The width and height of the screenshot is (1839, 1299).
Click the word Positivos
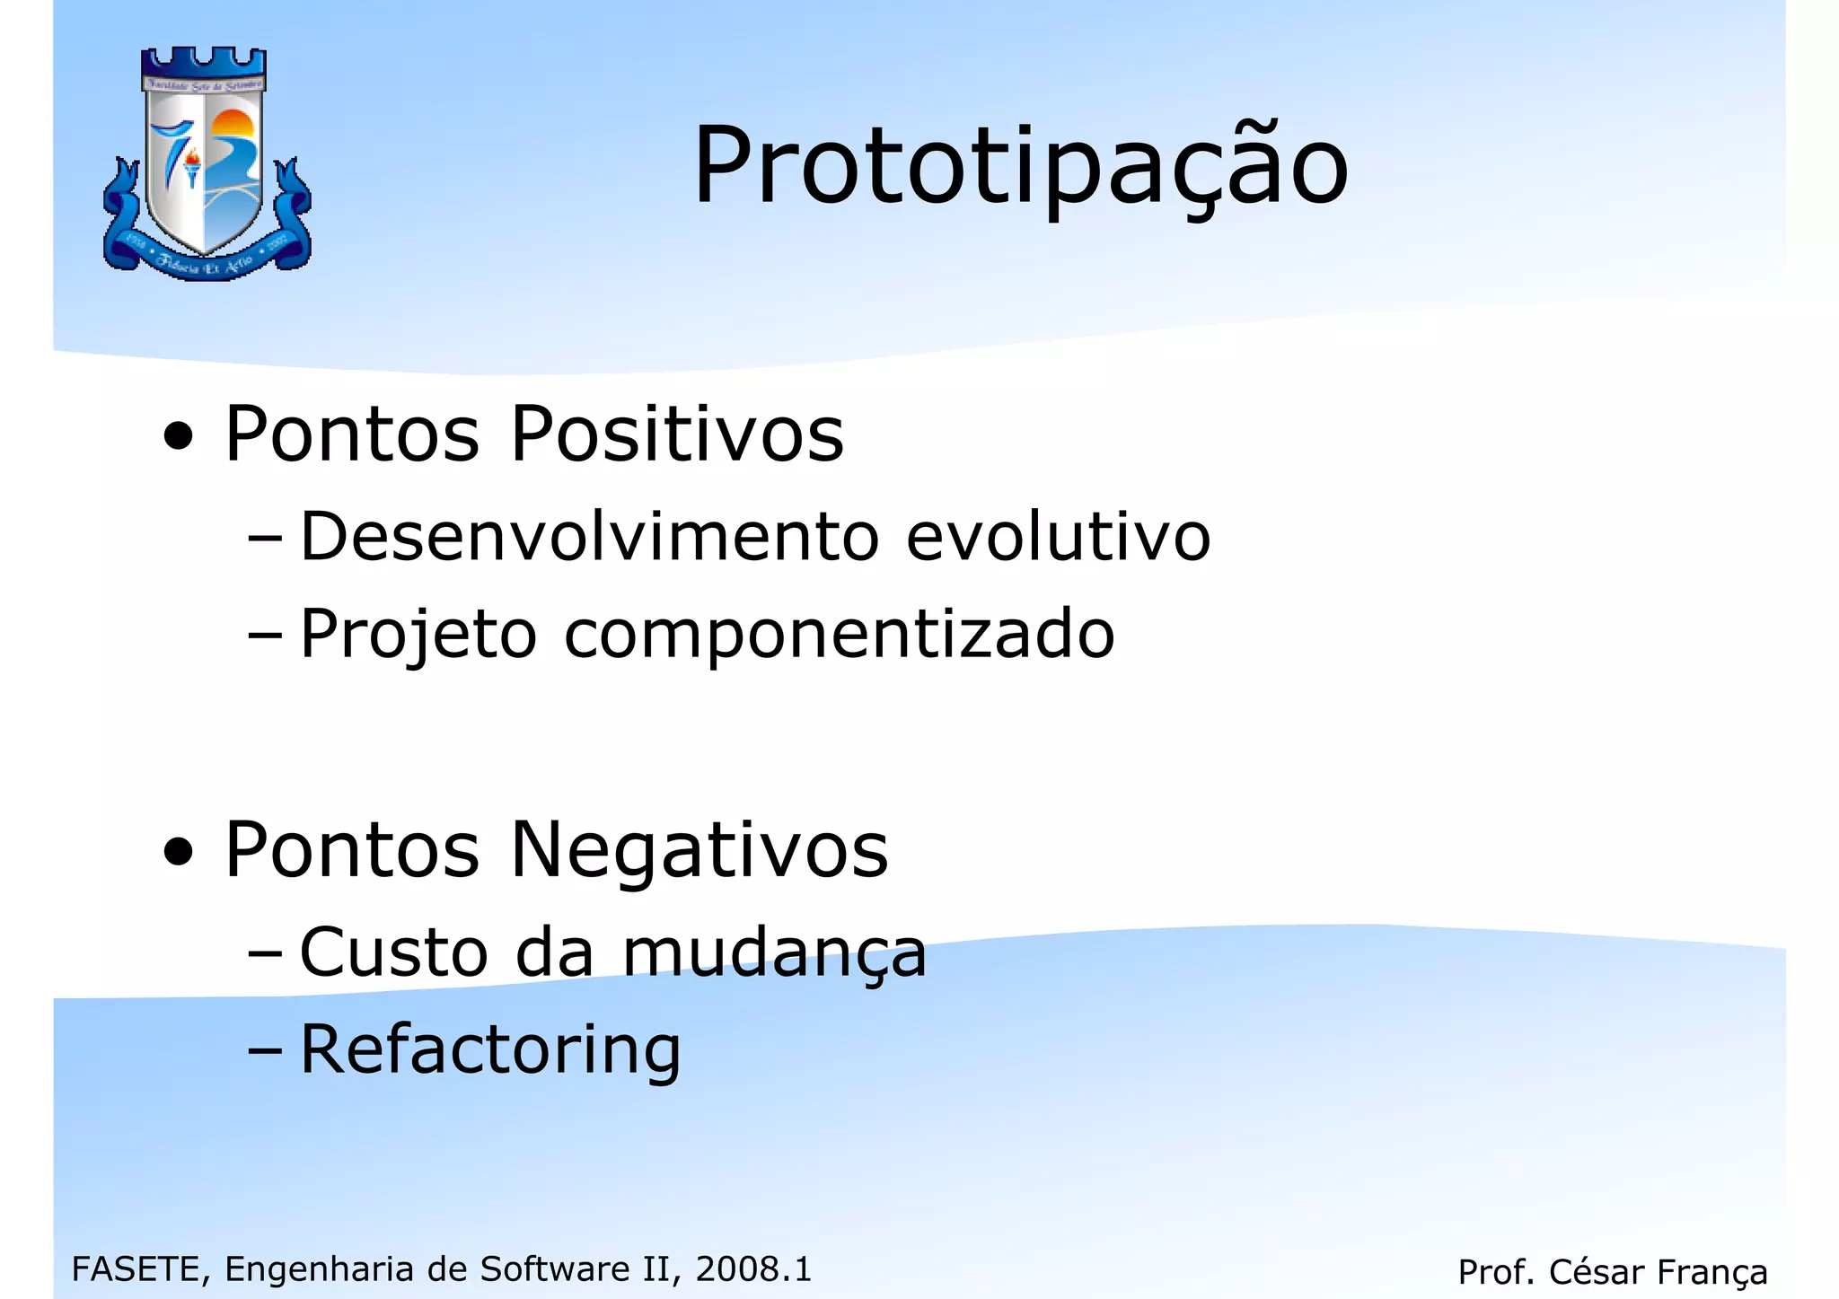pos(677,434)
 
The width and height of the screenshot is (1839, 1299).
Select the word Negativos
pos(700,850)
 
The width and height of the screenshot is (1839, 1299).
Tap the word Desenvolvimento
pos(589,537)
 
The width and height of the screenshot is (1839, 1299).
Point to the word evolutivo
pos(1059,537)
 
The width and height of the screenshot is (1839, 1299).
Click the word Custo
pos(394,952)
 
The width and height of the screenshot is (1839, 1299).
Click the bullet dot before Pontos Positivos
pos(179,438)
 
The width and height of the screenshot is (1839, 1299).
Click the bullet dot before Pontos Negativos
pos(179,854)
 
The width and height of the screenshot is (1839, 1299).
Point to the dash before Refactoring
pos(264,1049)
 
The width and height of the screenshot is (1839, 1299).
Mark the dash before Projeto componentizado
pos(264,635)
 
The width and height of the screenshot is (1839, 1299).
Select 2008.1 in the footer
pos(753,1269)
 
